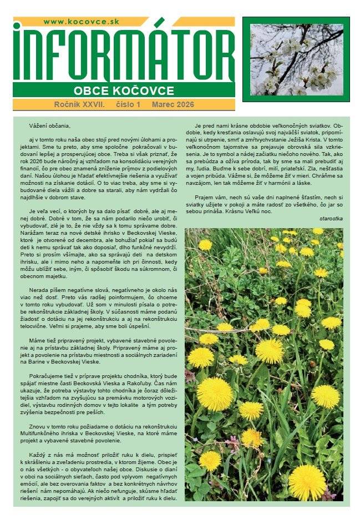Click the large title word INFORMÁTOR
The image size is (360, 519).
[x=124, y=53]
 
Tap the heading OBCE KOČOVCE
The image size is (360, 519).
[x=124, y=90]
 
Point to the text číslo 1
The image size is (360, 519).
[x=129, y=104]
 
